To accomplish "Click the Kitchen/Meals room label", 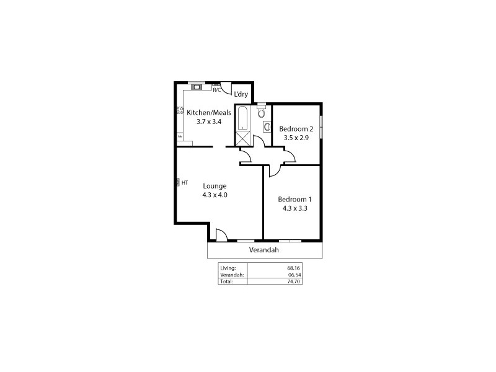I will tap(209, 112).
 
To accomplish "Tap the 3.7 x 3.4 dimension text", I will tap(209, 122).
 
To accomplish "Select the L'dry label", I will tap(241, 94).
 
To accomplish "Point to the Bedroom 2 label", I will tap(296, 129).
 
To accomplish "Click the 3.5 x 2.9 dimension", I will tap(296, 138).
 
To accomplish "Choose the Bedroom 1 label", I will tap(294, 199).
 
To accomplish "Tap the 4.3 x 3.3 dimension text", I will tap(294, 208).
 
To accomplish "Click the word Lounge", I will tap(215, 185).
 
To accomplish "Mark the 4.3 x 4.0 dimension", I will tap(215, 195).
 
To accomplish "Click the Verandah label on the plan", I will tap(264, 250).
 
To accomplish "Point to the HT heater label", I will tap(185, 182).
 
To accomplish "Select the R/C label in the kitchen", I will tap(216, 91).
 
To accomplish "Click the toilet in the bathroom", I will tap(261, 113).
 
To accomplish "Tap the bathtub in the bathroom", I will tap(242, 117).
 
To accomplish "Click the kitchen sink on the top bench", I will tap(197, 87).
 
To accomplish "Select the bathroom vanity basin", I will tap(267, 127).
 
